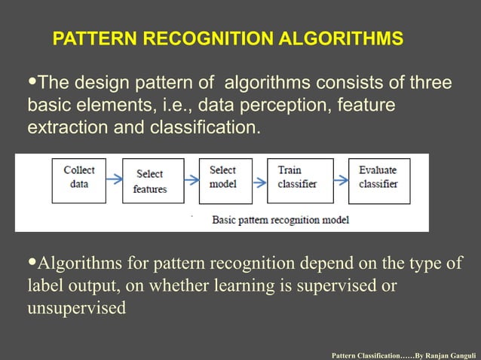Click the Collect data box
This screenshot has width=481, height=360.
click(x=78, y=181)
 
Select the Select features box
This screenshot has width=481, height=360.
click(x=152, y=182)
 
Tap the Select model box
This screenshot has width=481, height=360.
click(x=225, y=181)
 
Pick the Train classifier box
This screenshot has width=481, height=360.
click(x=299, y=181)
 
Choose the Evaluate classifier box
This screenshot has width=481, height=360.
click(x=378, y=181)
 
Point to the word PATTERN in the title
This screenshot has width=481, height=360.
click(x=87, y=38)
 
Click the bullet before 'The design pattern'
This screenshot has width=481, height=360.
click(x=32, y=81)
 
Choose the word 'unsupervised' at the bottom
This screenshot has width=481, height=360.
click(x=77, y=310)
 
